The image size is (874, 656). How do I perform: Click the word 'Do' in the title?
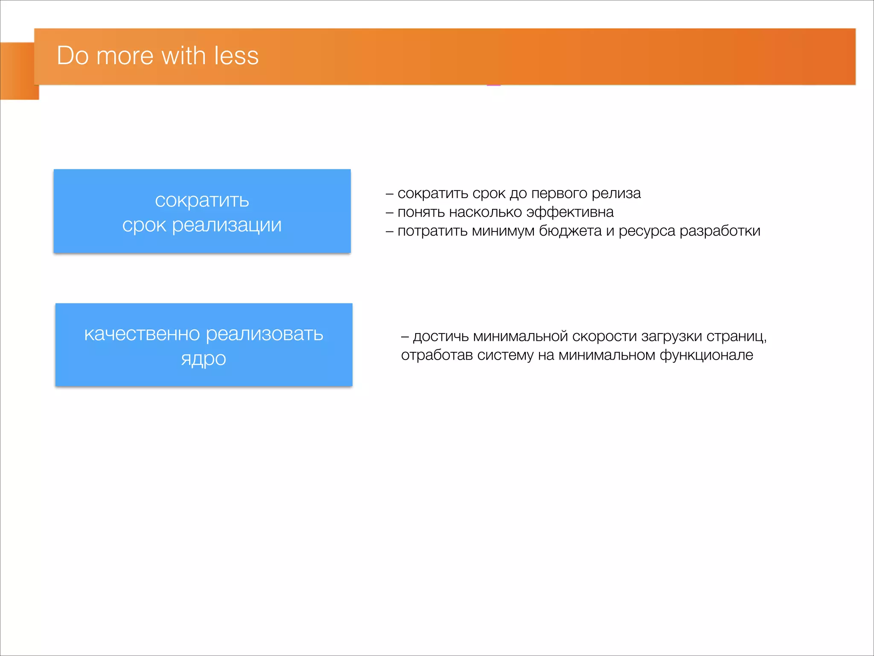[x=73, y=56]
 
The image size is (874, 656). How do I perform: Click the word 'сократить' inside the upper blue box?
[x=202, y=200]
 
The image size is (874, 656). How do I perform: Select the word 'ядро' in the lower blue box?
[x=203, y=359]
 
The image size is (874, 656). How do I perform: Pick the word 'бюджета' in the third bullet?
[x=570, y=231]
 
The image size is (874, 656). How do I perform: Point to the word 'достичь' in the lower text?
[x=441, y=337]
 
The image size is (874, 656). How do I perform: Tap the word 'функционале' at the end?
[x=706, y=355]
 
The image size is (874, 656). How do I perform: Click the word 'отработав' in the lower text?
[x=437, y=355]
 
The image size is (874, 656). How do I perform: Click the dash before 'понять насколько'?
[x=389, y=213]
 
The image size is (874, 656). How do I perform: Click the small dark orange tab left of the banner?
[x=17, y=71]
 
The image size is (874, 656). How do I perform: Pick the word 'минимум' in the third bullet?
[x=503, y=231]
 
